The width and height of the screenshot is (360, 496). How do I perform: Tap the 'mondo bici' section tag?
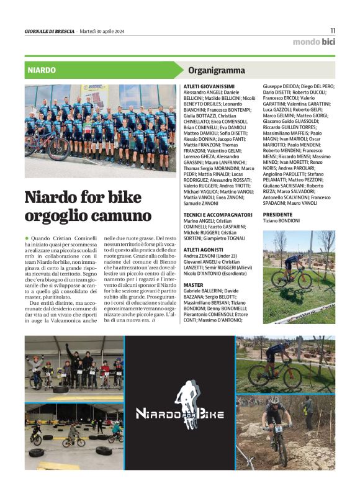314,42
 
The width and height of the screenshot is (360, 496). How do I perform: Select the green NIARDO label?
42,70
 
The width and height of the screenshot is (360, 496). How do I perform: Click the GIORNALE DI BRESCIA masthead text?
49,31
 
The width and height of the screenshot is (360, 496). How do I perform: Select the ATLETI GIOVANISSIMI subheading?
209,86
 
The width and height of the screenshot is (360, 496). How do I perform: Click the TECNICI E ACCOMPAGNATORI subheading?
218,214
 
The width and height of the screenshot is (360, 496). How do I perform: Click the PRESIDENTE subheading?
277,214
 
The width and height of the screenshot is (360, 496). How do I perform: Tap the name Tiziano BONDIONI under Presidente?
281,220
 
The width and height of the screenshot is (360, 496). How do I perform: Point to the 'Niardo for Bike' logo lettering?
180,414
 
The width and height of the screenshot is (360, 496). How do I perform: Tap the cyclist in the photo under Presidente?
293,268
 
